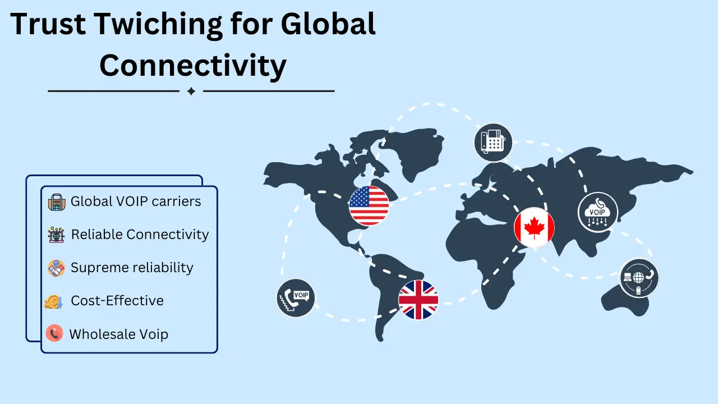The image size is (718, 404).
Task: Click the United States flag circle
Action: (369, 205)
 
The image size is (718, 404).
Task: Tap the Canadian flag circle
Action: (534, 227)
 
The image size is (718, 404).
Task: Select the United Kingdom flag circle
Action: (418, 300)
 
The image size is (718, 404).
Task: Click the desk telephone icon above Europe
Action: (493, 143)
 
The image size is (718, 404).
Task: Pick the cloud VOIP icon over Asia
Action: (597, 212)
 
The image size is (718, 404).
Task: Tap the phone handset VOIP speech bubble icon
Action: (296, 297)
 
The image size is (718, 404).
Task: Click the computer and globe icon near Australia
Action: (639, 278)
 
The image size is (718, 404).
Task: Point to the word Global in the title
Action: (328, 25)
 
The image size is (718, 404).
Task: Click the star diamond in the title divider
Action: (191, 91)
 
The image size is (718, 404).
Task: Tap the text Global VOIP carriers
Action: (135, 201)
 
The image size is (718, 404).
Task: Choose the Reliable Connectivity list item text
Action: (140, 235)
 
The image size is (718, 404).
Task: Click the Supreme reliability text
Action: (132, 268)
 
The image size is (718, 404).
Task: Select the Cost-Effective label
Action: (117, 301)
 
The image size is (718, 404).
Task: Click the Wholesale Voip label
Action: (118, 334)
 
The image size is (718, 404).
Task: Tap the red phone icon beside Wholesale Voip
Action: (54, 334)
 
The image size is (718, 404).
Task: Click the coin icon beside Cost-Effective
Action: (53, 302)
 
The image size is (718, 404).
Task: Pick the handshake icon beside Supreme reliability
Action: (56, 268)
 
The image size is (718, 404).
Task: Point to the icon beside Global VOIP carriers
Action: (57, 202)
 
